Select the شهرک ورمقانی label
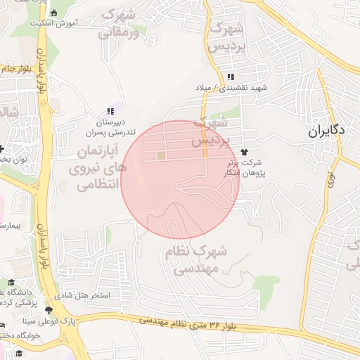click(x=122, y=22)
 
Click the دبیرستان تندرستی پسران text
click(x=105, y=126)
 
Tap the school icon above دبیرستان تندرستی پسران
click(x=110, y=111)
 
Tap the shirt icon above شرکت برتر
click(x=244, y=151)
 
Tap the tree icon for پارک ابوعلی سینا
click(x=49, y=310)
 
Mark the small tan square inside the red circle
click(x=161, y=155)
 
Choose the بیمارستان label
click(x=11, y=226)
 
